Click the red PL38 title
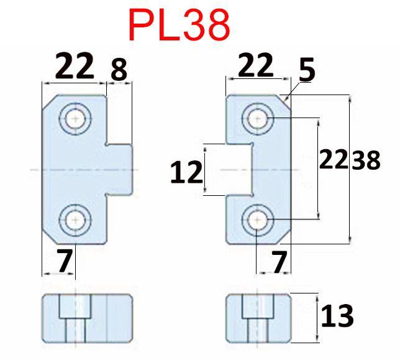tap(180, 25)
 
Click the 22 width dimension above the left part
tap(75, 65)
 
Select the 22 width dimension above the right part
tap(256, 65)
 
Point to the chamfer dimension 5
tap(307, 70)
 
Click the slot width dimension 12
tap(186, 172)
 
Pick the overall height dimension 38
tap(366, 160)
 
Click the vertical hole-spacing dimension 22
tap(334, 159)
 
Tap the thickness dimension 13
tap(337, 316)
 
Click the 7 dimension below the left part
tap(65, 261)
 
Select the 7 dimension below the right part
tap(279, 261)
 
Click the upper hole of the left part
tap(75, 119)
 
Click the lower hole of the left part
tap(75, 220)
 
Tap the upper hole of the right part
tap(258, 119)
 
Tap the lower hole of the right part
tap(258, 220)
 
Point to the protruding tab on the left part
tap(119, 170)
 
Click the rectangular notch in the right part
tap(239, 170)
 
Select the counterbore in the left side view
tap(75, 307)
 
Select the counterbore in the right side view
tap(258, 307)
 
